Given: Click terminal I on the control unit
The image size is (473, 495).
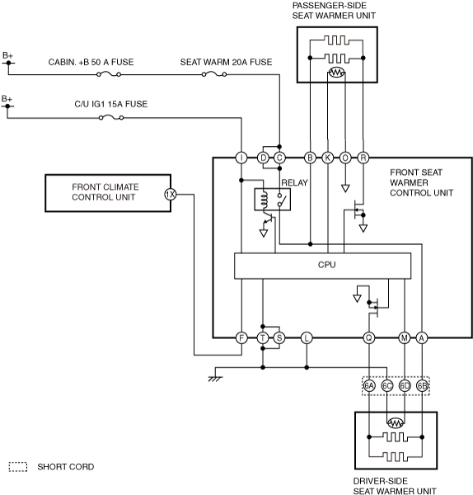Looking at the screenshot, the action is [241, 158].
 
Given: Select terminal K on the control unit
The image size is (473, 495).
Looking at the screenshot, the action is [328, 158].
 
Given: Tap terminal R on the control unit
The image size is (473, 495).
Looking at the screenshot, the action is [363, 158].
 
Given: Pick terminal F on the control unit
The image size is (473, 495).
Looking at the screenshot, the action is [241, 337].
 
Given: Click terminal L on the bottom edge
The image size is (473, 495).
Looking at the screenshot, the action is [307, 337].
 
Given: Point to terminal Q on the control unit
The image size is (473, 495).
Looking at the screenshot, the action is [368, 337].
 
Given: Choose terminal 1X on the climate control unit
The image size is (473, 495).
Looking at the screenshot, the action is [171, 195].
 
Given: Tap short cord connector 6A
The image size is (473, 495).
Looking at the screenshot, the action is [369, 385].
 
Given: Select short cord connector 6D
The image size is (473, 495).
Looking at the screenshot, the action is [405, 385].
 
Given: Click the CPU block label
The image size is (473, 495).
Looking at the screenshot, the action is [326, 265].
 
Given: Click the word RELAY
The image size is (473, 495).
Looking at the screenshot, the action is [294, 183].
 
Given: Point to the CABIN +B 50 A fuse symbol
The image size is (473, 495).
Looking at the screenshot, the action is [109, 74].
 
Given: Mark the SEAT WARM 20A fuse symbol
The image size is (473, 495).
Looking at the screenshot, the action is [214, 74].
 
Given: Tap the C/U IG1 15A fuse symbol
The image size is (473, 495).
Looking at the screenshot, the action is [111, 117].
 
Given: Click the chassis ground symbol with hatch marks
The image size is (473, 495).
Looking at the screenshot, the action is [216, 379].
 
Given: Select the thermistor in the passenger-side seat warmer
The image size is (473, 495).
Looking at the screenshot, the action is [336, 73].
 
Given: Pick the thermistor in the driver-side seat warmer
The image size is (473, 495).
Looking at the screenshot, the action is [396, 422].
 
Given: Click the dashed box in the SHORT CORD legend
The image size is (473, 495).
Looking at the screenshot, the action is [18, 467].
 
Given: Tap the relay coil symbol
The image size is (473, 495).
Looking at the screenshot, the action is [265, 200].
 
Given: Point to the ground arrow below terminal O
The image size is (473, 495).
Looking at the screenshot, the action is [345, 188].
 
